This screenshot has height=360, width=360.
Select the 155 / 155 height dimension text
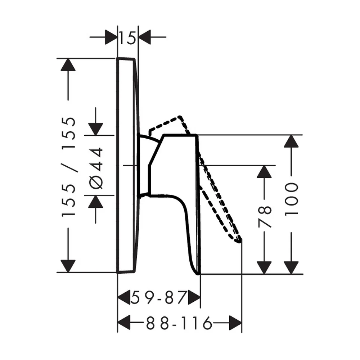(x=68, y=167)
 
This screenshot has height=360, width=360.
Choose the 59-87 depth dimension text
(x=158, y=298)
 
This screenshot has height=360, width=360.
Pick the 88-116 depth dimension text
(x=179, y=323)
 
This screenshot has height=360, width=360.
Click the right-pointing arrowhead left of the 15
(x=111, y=37)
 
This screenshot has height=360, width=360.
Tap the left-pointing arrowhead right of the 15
(x=145, y=37)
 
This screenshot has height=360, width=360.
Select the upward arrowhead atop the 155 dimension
(x=68, y=65)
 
